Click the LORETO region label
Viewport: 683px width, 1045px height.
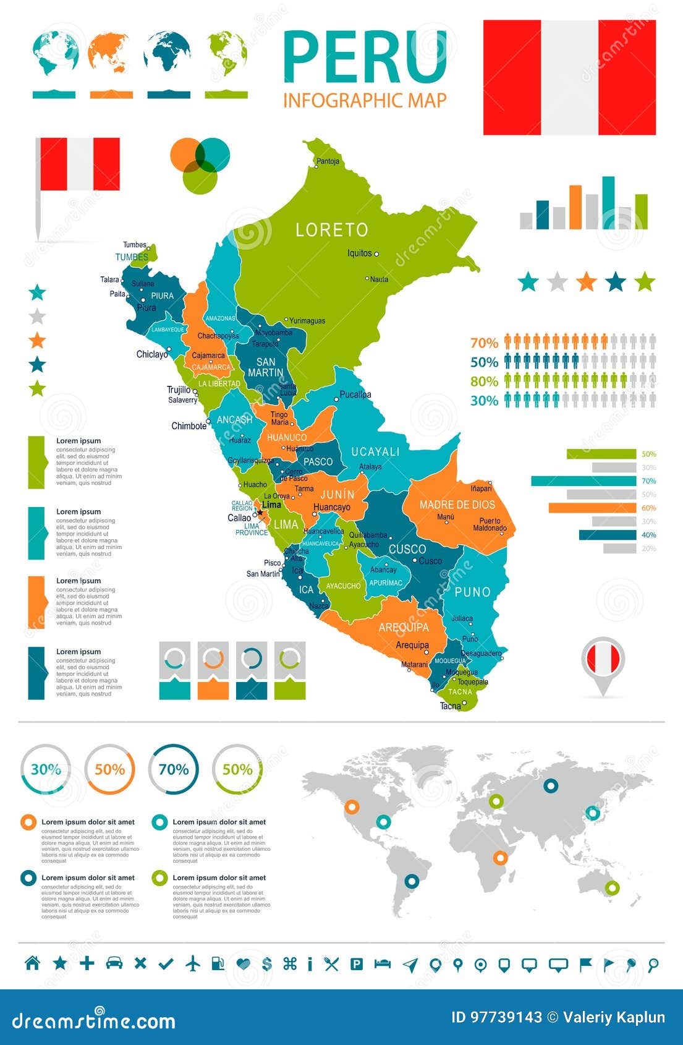coord(332,230)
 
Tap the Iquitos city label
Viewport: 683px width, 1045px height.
coord(360,253)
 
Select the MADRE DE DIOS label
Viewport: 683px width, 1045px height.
coord(457,505)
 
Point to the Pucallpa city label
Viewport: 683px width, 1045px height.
coord(355,395)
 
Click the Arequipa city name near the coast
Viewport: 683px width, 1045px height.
coord(412,645)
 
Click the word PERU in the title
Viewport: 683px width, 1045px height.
coord(365,58)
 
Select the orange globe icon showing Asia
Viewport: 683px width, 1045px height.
coord(110,53)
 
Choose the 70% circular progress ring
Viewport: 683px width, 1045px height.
coord(174,769)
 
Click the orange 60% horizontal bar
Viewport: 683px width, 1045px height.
coord(592,508)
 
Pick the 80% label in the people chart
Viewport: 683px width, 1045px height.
coord(484,382)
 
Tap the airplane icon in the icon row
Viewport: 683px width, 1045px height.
coord(193,963)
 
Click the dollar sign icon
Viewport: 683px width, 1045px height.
coord(267,963)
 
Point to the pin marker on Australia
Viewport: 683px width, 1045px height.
coord(612,887)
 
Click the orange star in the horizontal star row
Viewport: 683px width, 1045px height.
coord(586,282)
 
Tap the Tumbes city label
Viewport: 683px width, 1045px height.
coord(134,245)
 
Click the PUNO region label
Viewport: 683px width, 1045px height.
coord(472,592)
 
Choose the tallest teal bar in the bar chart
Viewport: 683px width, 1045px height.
coord(608,203)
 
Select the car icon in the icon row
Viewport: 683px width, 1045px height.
coord(114,963)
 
